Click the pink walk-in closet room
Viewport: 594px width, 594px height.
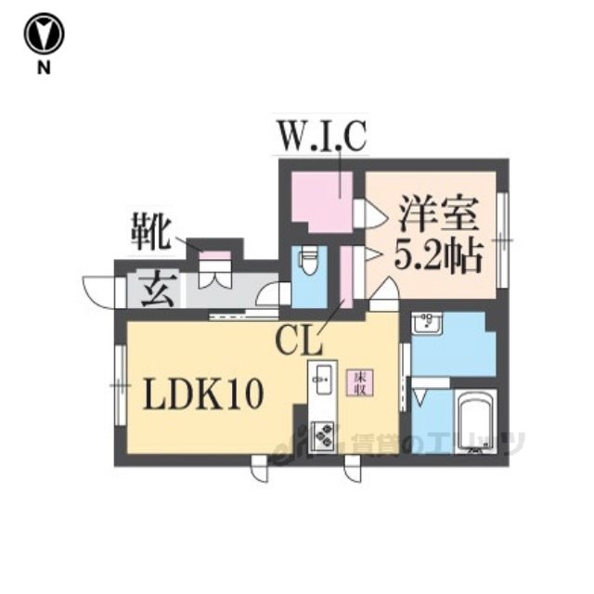320,200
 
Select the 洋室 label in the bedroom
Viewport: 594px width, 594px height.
439,216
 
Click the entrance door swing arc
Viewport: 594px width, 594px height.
96,290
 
